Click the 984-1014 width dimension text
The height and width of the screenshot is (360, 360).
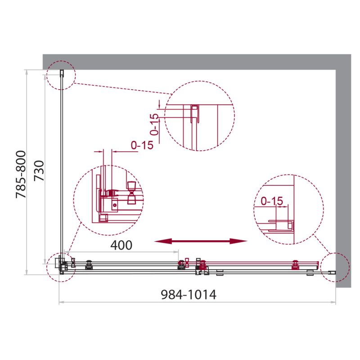click(189, 295)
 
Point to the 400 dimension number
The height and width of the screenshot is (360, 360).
click(121, 245)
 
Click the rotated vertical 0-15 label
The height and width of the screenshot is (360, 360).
click(154, 125)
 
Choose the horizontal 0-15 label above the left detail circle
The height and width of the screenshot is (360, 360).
click(142, 145)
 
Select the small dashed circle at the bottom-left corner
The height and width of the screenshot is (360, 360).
click(61, 266)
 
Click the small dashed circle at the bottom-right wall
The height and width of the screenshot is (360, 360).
click(335, 266)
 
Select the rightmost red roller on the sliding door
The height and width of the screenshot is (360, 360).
click(296, 265)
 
